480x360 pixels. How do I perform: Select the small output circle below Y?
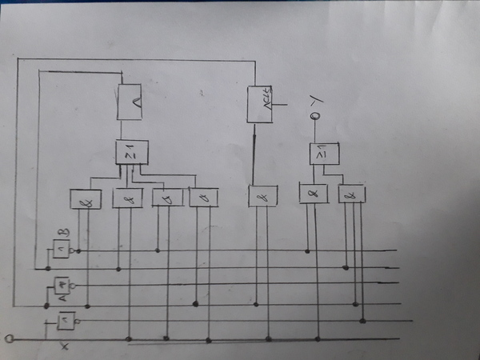(x=316, y=118)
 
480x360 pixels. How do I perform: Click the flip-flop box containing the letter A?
(x=129, y=102)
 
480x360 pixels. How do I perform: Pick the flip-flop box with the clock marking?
(x=260, y=104)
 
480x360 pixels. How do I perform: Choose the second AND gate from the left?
(x=126, y=198)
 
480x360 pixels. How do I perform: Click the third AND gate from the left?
(x=166, y=198)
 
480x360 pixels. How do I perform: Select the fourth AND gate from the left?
(x=203, y=196)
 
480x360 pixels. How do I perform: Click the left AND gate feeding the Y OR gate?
(x=312, y=193)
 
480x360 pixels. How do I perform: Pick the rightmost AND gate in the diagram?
(x=352, y=193)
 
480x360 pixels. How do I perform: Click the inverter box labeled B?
(x=62, y=250)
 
